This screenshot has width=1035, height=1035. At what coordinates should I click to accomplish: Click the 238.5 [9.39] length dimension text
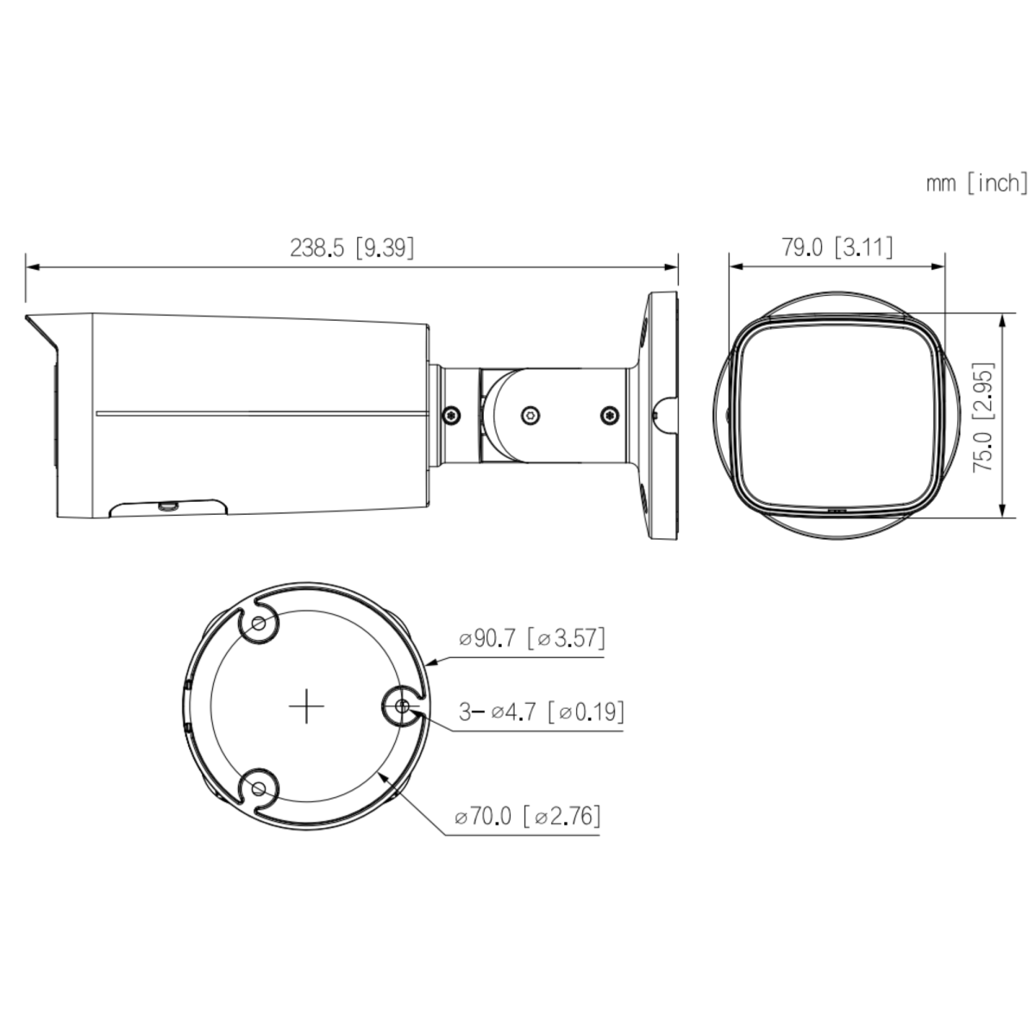353,248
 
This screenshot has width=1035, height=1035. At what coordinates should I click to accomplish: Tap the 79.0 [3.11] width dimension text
837,248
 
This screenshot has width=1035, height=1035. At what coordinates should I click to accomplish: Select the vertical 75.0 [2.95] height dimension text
984,417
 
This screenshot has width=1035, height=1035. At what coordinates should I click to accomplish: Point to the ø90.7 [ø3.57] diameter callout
532,638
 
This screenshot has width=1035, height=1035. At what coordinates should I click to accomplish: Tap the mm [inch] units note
976,183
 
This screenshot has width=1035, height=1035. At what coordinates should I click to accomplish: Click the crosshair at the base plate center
306,706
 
